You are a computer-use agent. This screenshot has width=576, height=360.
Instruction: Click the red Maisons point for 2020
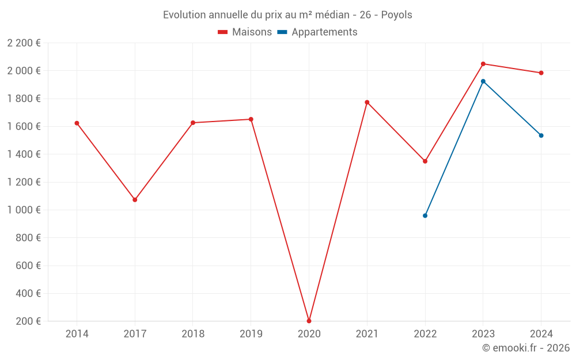pos(309,321)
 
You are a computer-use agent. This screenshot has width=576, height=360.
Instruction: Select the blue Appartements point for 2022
pos(425,215)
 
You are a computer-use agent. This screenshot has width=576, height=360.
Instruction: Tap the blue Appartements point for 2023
pos(483,81)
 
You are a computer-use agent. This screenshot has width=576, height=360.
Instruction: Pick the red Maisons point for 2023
pos(483,64)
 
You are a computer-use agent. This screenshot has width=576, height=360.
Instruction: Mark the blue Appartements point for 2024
pos(541,135)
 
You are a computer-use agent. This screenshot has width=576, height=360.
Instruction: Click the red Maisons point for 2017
pos(135,200)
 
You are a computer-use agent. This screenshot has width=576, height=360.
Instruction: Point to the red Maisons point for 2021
pos(367,102)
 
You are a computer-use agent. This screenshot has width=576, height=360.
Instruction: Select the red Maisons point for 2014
pos(77,123)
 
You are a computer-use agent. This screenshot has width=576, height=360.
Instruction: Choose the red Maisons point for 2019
pos(251,119)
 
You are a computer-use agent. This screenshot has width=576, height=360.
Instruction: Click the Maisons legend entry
pos(245,32)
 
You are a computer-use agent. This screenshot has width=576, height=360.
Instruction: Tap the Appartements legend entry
pos(317,32)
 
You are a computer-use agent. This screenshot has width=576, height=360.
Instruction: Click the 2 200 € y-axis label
pos(24,43)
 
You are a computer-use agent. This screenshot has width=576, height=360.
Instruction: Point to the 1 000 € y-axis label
pos(24,210)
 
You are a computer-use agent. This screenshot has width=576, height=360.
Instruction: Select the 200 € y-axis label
pos(28,321)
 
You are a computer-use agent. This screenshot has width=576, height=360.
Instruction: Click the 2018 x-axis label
pos(193,334)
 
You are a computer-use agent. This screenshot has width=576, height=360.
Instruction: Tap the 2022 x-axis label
pos(425,334)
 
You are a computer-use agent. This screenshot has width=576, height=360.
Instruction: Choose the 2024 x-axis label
pos(541,334)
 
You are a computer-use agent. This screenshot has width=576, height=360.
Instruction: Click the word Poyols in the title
pos(396,15)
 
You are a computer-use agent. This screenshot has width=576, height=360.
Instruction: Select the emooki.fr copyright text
pos(526,347)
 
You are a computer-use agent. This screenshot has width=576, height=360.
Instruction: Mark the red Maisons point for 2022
pos(425,161)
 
